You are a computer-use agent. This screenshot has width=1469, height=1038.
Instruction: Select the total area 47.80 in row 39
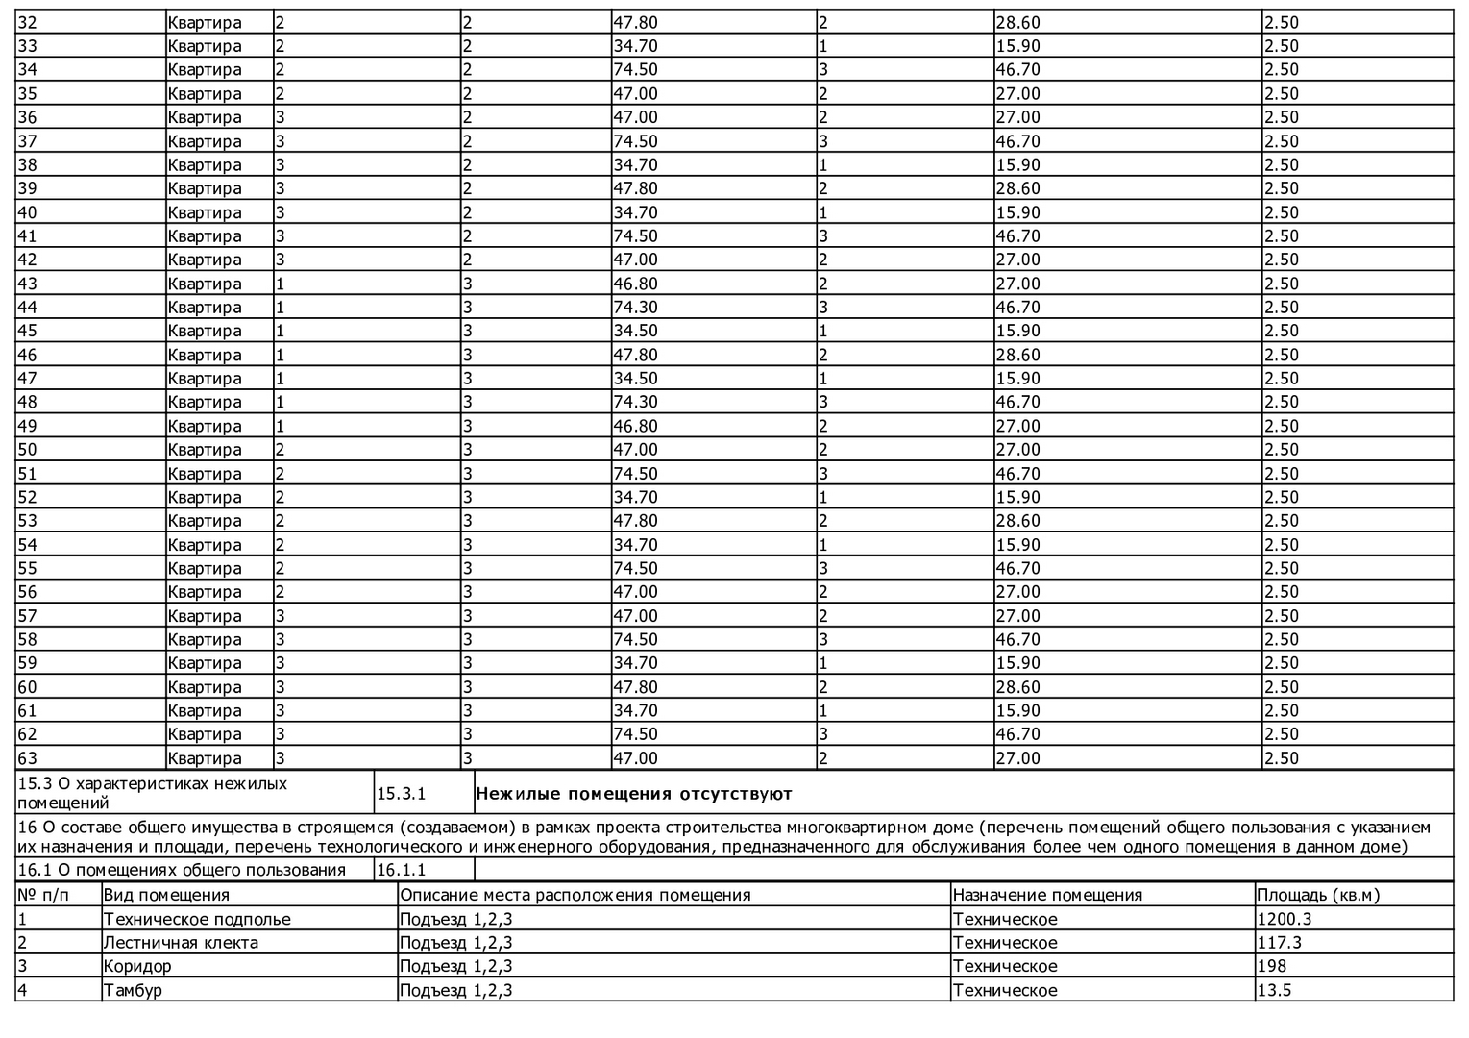point(635,188)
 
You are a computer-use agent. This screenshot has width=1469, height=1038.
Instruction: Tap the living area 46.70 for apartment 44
point(1017,308)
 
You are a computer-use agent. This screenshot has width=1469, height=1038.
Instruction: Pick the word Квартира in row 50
point(205,450)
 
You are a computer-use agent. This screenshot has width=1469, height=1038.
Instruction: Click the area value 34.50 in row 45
point(635,331)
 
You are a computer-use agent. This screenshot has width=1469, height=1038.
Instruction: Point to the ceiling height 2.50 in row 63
point(1281,758)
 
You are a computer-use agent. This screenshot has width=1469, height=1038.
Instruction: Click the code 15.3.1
point(401,794)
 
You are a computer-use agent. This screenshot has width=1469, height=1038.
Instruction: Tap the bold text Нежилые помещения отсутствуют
point(634,794)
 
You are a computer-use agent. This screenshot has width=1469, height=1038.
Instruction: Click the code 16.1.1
point(401,870)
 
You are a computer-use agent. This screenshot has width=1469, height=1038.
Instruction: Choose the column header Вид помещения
point(166,895)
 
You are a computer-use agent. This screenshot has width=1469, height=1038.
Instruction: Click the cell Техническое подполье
point(197,919)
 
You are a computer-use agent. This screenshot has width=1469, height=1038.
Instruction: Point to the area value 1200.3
point(1285,919)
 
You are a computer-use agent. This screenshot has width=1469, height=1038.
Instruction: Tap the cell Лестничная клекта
point(181,943)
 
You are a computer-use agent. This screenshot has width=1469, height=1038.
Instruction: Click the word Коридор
point(137,966)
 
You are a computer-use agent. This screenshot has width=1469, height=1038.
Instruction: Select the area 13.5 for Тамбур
point(1274,990)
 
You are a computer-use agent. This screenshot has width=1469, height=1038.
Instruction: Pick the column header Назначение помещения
point(1047,895)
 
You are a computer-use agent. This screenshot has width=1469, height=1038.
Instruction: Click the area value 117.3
point(1280,943)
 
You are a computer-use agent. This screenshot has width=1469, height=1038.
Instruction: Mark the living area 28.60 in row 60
point(1017,687)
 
